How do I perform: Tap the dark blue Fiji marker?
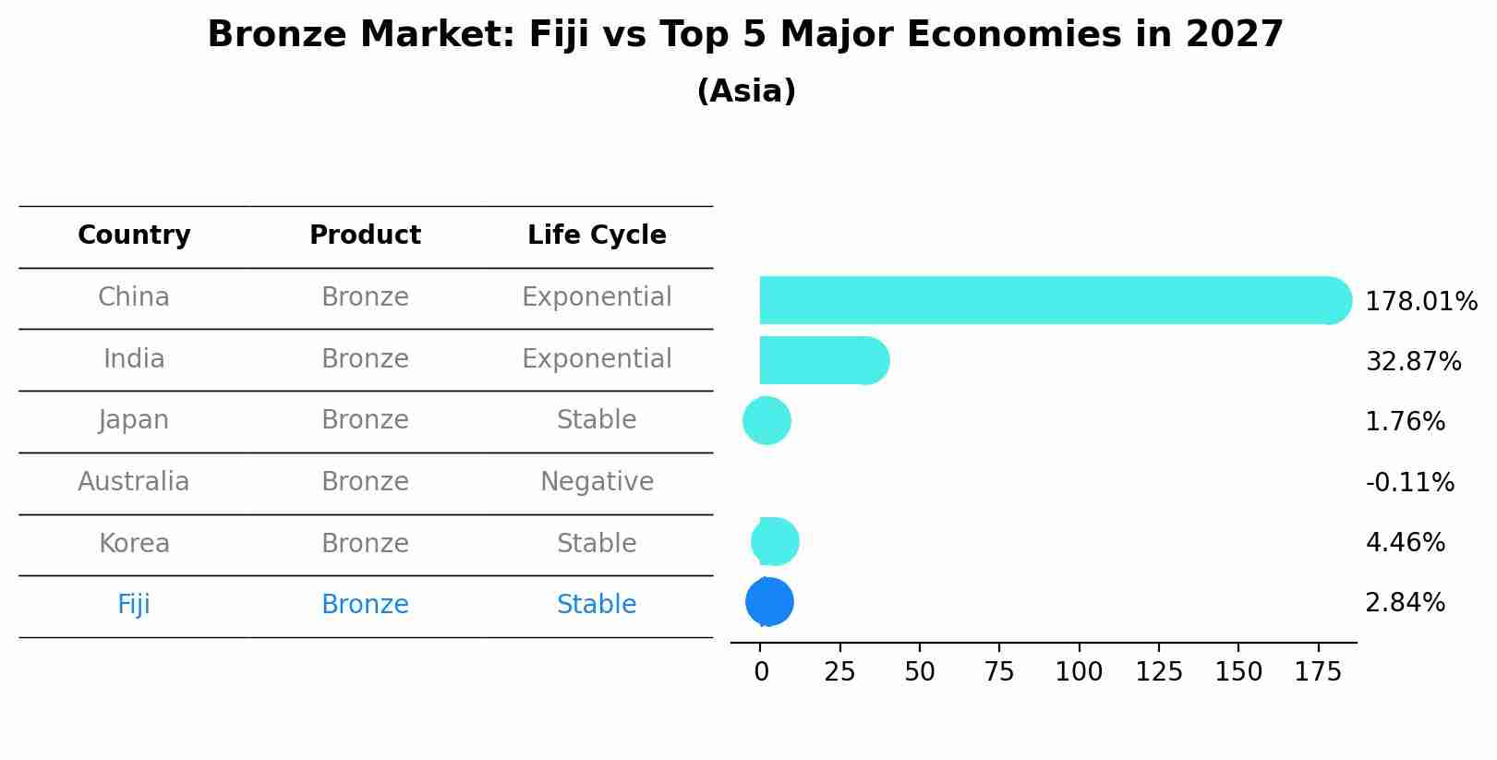coord(769,602)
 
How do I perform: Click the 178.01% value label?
coord(1420,302)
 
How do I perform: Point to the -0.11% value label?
coord(1409,483)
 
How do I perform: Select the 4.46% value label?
coord(1405,543)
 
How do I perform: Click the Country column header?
coord(134,235)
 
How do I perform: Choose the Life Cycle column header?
coord(597,235)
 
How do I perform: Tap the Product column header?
coord(365,235)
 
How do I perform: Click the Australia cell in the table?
coord(134,482)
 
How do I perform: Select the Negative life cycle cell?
coord(597,482)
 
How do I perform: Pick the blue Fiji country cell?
coord(134,605)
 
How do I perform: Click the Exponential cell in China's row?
coord(597,297)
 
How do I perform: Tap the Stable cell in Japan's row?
coord(597,420)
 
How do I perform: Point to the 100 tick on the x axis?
coord(1079,672)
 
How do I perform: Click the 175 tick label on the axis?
coord(1318,672)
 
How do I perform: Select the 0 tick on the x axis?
coord(761,672)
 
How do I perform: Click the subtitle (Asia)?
coord(746,91)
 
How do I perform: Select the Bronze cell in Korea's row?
coord(365,544)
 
